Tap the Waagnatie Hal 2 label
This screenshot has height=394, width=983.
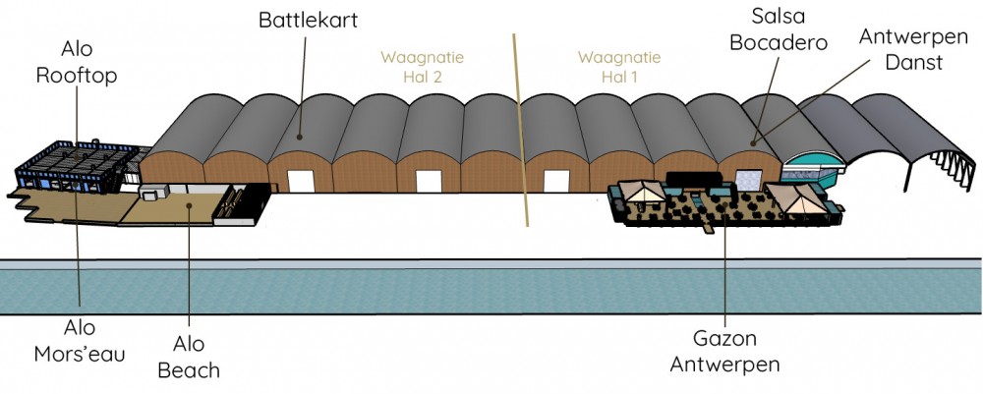[423, 66]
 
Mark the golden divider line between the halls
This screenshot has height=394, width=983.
[521, 138]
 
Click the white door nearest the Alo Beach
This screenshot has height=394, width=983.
[300, 181]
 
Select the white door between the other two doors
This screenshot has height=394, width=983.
[429, 181]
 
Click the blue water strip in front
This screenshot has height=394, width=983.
[491, 291]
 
